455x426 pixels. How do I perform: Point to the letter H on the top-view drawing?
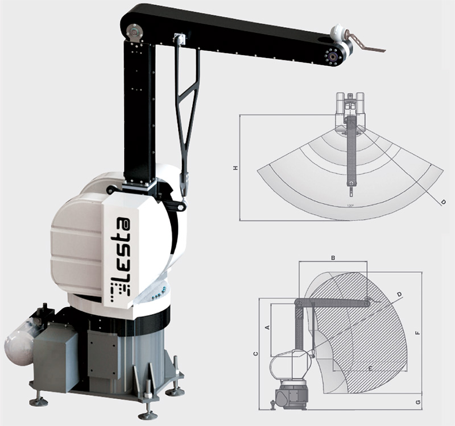point(234,168)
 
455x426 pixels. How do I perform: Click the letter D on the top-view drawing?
point(443,201)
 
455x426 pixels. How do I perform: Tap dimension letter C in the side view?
point(255,353)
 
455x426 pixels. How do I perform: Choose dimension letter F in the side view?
point(419,333)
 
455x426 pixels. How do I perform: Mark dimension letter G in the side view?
point(419,402)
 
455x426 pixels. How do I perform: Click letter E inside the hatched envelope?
point(370,369)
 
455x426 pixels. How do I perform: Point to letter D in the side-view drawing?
point(399,294)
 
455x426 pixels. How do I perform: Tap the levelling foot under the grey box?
point(39,401)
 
